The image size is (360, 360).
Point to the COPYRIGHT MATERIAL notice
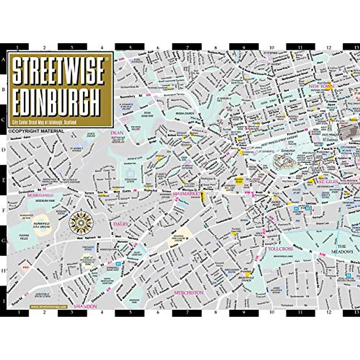[x=36, y=131]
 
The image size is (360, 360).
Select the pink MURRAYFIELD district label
[x=40, y=195]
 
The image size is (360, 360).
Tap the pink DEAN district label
[x=117, y=132]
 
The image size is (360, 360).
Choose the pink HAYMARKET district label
[x=186, y=194]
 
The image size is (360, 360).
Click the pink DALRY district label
[x=121, y=224]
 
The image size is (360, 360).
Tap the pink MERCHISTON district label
[x=189, y=292]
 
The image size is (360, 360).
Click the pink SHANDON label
[x=85, y=306]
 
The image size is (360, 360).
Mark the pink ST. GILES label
[x=328, y=182]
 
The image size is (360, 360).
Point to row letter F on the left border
[x=4, y=211]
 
